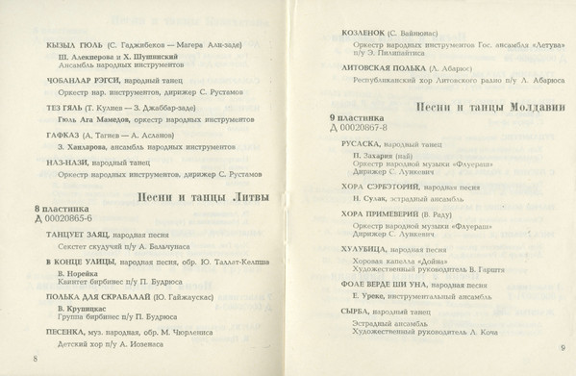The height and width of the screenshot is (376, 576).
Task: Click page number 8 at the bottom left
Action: pos(35,358)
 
